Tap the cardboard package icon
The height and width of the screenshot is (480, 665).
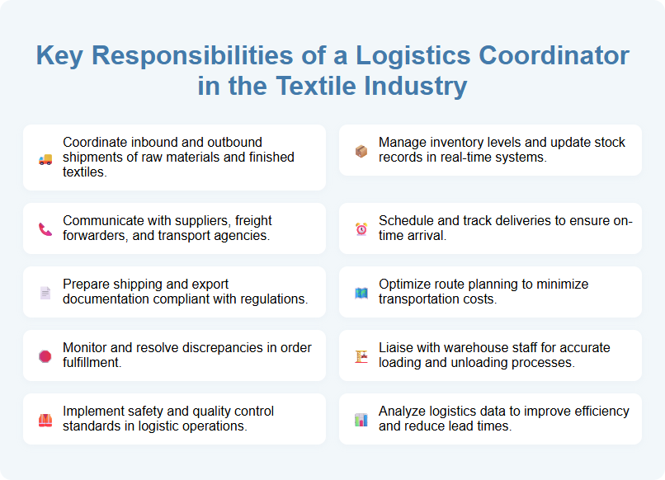pos(361,151)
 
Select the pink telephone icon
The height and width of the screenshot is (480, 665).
pos(45,229)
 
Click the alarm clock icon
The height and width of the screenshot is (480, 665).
pos(361,229)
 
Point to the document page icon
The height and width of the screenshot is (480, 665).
pos(45,293)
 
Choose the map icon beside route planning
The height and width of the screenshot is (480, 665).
pos(361,293)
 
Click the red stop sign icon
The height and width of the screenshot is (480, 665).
pos(45,356)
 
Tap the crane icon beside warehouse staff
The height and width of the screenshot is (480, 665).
pos(361,356)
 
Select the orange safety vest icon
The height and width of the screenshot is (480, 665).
pos(45,420)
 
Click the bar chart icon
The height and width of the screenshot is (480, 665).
pos(361,420)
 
